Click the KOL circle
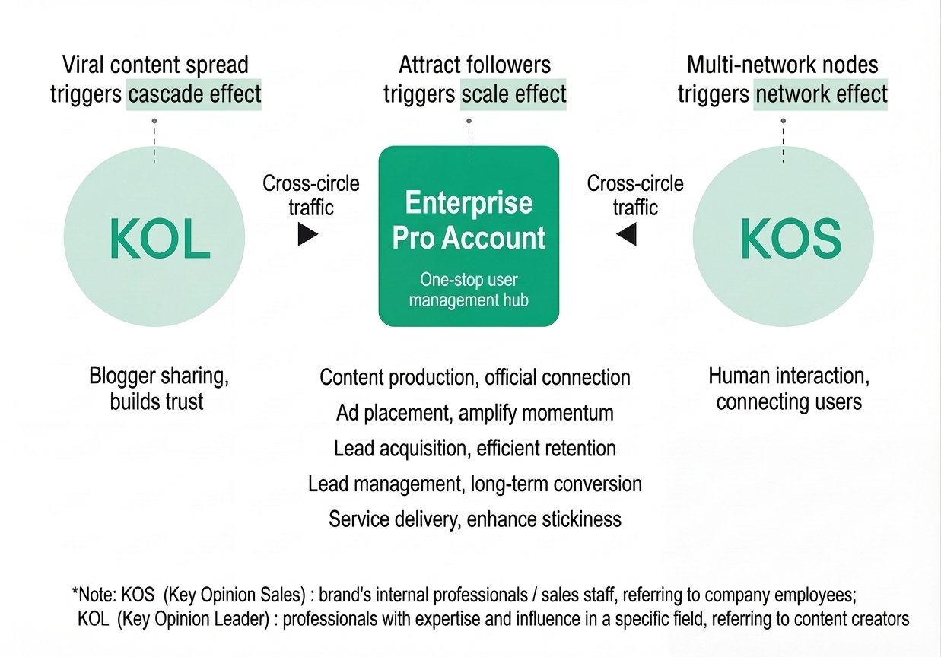click(155, 237)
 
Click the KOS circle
click(783, 237)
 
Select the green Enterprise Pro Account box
click(469, 236)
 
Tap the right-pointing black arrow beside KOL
click(307, 235)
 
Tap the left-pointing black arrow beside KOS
click(627, 235)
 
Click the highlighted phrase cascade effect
click(194, 94)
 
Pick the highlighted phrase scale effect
click(513, 94)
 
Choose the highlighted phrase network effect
click(820, 94)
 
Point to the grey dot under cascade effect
click(154, 121)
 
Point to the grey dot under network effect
click(783, 121)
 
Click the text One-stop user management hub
click(469, 290)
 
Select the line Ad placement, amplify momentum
click(475, 413)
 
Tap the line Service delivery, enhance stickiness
click(475, 519)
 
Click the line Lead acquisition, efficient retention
click(475, 449)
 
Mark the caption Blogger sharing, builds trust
click(157, 388)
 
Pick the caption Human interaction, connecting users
click(789, 388)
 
